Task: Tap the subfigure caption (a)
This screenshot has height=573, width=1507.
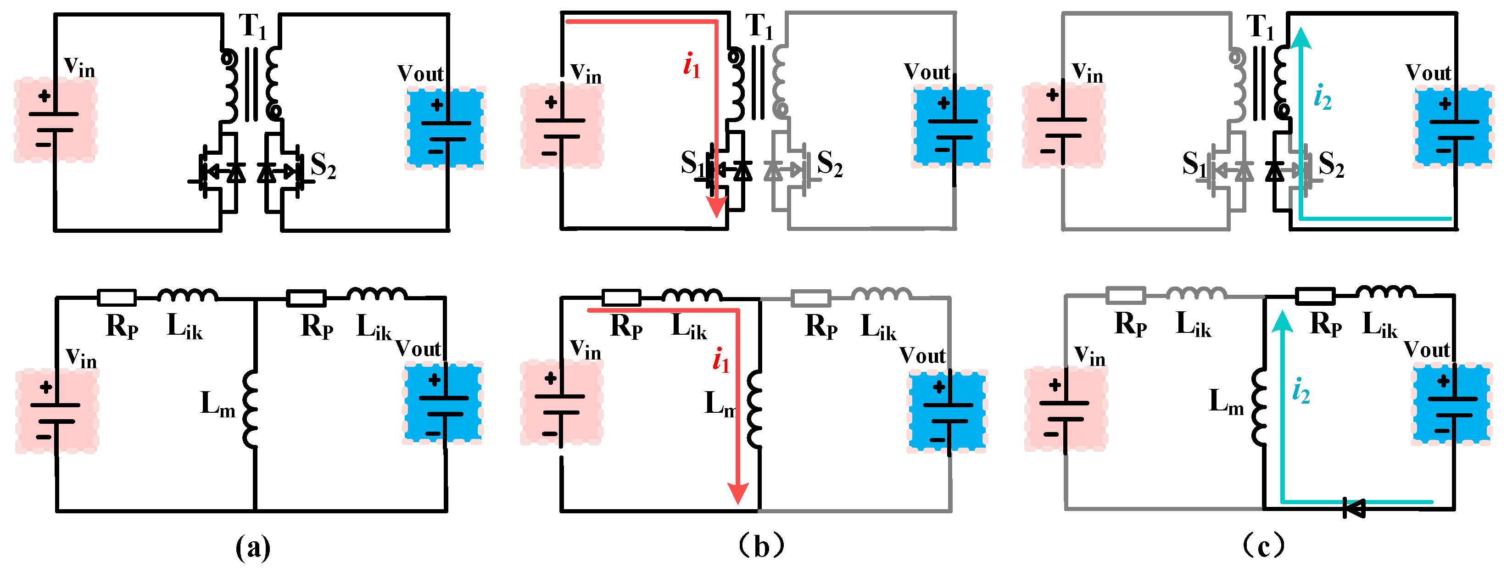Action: point(253,547)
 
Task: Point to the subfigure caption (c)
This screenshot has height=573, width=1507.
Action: point(1264,546)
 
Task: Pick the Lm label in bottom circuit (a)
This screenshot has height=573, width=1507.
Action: point(218,404)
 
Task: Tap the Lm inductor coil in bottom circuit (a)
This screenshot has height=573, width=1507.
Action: point(251,409)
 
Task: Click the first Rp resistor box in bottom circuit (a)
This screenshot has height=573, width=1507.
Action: point(117,298)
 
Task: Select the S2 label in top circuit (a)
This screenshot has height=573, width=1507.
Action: point(323,166)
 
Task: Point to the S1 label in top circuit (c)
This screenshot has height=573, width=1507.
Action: point(1194,164)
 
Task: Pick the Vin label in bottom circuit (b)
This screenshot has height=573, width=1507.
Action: point(586,349)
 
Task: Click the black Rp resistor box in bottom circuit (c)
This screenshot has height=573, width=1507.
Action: point(1315,297)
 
